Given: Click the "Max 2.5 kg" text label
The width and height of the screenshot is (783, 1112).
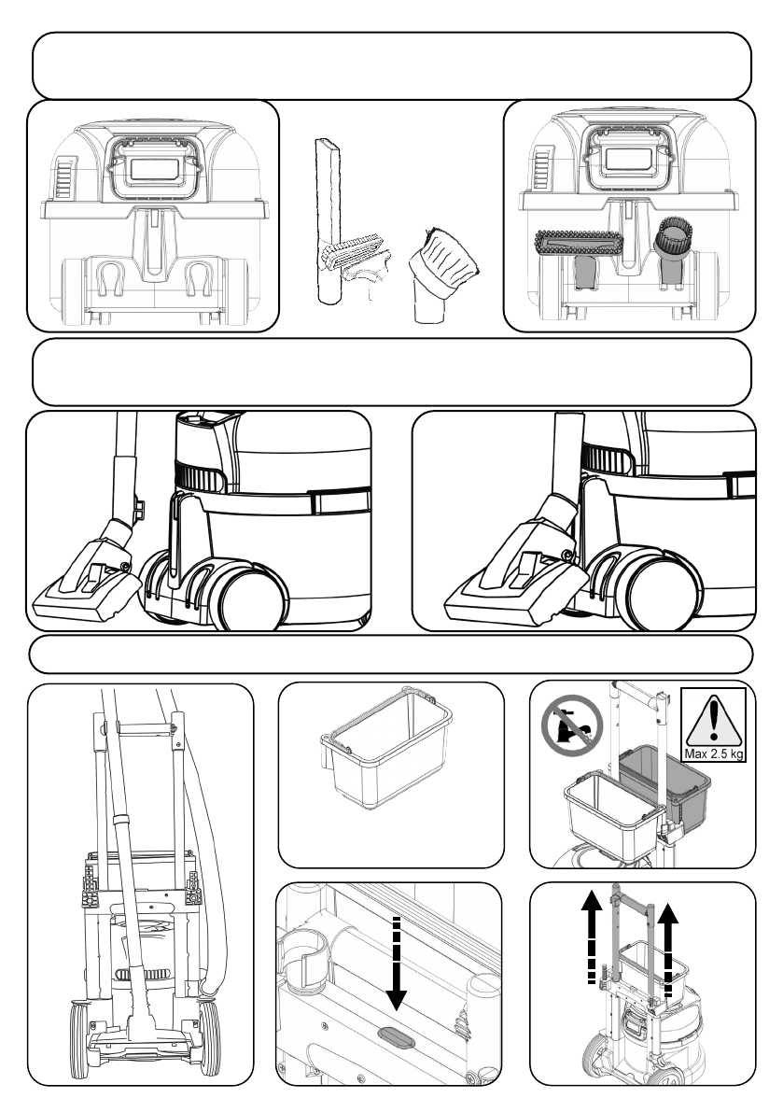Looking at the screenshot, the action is coord(714,753).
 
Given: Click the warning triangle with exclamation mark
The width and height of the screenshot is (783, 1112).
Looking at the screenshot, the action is coord(714,719).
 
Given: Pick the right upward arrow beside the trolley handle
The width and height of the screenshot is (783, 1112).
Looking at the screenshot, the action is coord(667,951).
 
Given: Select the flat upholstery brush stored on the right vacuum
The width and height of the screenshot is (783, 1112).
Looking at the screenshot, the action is coord(579,245).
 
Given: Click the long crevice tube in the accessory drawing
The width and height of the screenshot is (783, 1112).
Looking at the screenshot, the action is coord(329,220).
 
